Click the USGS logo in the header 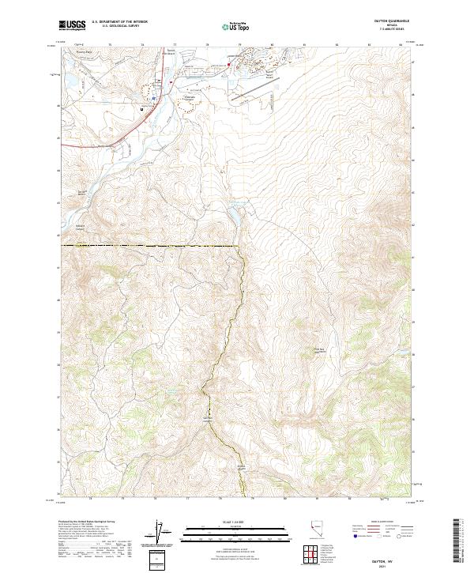[72, 25]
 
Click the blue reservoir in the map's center [235, 214]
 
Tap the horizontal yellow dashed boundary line [150, 247]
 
